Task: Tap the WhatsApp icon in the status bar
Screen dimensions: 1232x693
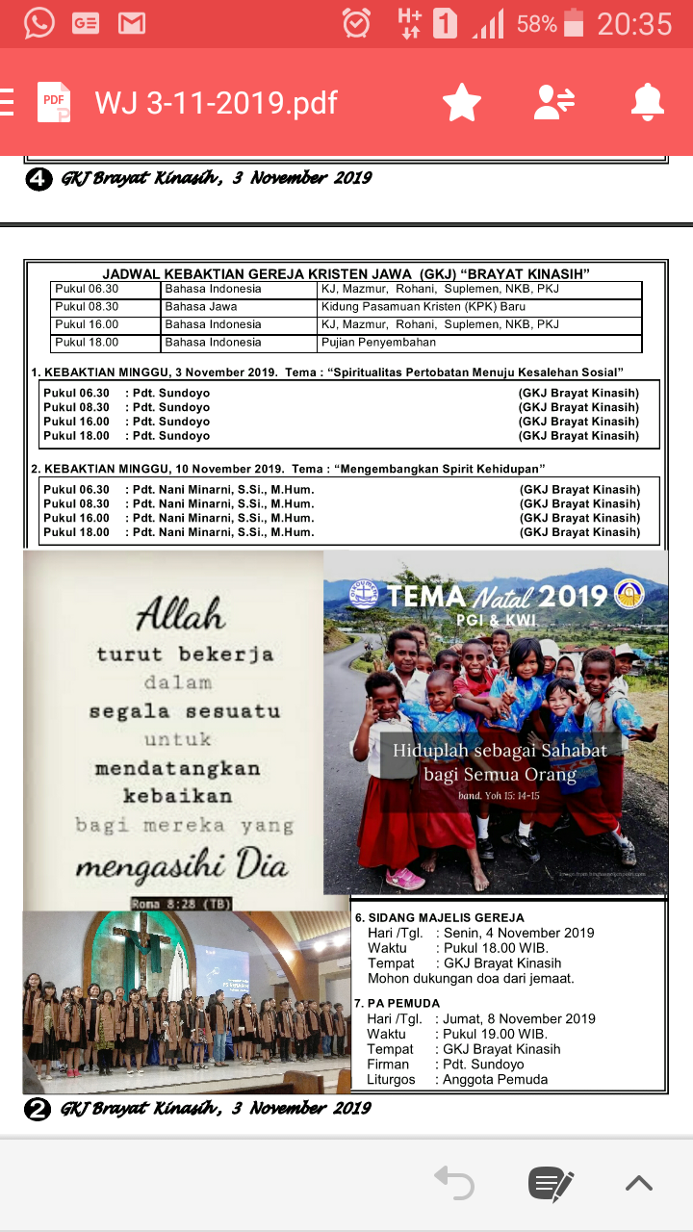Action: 39,23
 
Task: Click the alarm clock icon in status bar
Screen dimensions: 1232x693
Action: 356,23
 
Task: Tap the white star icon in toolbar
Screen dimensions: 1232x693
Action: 462,102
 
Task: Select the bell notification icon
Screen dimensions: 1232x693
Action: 647,102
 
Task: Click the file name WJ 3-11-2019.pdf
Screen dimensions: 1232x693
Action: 216,103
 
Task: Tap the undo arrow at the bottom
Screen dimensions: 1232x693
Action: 454,1183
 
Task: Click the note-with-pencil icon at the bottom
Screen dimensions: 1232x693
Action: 551,1183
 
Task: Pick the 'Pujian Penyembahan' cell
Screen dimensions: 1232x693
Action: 378,343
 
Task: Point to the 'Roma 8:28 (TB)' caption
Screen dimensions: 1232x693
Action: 182,904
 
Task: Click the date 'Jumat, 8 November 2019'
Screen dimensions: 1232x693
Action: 518,1019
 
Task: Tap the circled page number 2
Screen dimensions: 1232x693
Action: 38,1109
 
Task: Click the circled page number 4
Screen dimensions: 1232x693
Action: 38,179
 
